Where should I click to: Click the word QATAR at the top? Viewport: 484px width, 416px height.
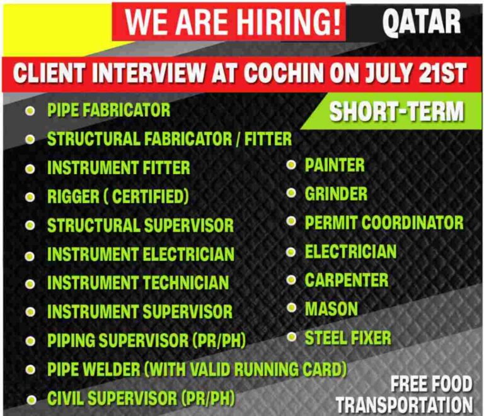[421, 23]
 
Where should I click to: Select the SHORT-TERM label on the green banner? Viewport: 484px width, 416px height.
[396, 112]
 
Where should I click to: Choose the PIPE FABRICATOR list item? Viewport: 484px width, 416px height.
[108, 110]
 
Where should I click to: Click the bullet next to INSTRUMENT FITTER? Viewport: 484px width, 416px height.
[30, 169]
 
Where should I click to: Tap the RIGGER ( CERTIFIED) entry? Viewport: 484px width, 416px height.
[118, 197]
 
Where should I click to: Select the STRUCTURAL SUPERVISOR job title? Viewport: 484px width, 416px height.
[140, 225]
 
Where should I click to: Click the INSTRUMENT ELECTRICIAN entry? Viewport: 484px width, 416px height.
[141, 254]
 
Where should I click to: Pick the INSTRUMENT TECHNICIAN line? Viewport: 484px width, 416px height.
[137, 282]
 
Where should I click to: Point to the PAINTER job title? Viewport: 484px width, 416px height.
[335, 165]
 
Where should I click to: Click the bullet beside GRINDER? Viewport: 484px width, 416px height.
[291, 194]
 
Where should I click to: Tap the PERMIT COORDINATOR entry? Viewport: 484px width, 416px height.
[384, 222]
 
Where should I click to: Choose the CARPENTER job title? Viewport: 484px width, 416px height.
[347, 280]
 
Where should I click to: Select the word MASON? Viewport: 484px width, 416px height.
[331, 309]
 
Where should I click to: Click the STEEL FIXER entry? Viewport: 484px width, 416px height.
[348, 338]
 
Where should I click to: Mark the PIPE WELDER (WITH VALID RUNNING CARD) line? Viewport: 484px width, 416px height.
[197, 369]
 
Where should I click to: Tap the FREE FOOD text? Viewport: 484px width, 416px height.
[431, 383]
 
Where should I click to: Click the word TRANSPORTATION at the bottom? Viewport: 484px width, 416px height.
[404, 404]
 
